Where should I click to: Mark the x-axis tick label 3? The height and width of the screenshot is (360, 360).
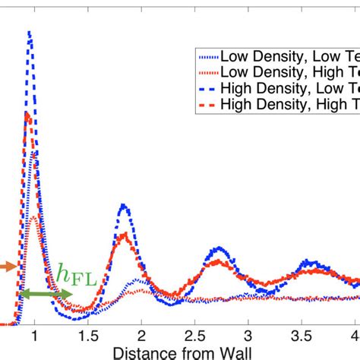pos(248,335)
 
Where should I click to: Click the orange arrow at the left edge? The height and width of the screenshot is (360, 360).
pos(6,267)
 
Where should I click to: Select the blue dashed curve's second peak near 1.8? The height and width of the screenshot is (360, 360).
pos(123,206)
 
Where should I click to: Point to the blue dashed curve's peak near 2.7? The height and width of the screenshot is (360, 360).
pos(218,248)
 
